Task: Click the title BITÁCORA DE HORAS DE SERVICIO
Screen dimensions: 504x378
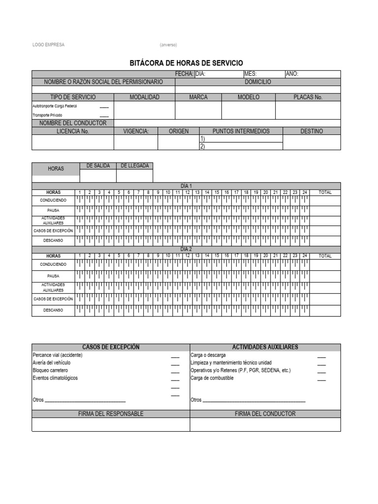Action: click(x=186, y=63)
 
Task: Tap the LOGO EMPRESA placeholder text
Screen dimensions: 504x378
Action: click(x=48, y=45)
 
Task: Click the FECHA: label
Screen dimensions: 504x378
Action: click(x=185, y=74)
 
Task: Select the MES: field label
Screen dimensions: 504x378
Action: click(x=251, y=74)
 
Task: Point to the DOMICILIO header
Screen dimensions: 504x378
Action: click(x=257, y=82)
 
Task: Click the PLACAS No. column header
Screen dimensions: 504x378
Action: click(x=308, y=97)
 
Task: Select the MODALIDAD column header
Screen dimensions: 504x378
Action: click(x=144, y=97)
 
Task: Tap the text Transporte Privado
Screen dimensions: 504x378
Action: click(x=47, y=115)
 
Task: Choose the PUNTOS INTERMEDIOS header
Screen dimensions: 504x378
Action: click(x=241, y=131)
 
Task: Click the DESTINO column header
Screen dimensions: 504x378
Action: click(x=312, y=131)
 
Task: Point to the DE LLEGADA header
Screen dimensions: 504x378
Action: click(x=134, y=166)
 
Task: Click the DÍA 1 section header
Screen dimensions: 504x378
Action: click(x=186, y=186)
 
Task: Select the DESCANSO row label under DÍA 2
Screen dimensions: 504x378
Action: click(x=53, y=311)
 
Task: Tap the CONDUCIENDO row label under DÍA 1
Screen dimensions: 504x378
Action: click(x=53, y=200)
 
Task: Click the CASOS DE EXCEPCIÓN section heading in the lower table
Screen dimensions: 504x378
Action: click(x=111, y=347)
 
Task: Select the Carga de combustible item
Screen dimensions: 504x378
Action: click(x=212, y=378)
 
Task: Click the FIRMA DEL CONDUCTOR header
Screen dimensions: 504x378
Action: click(x=265, y=414)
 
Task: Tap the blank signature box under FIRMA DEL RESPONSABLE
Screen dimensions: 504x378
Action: click(x=111, y=425)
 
